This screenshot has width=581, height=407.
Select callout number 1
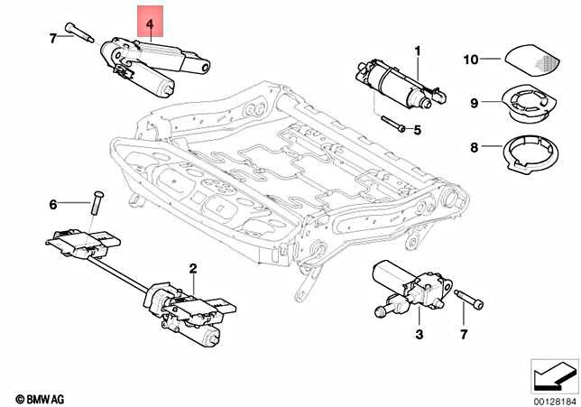[x=418, y=49]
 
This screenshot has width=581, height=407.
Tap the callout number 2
[x=192, y=268]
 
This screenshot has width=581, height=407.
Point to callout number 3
[x=418, y=335]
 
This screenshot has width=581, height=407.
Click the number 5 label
[x=418, y=130]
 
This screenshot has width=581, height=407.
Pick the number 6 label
[x=52, y=205]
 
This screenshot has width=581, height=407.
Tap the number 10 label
[x=470, y=60]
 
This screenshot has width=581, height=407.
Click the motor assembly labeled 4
[x=153, y=65]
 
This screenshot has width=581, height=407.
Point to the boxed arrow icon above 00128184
[x=553, y=372]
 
